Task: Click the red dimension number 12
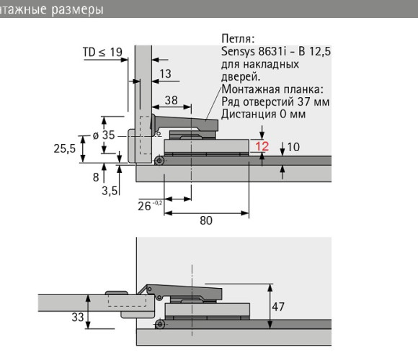(x=262, y=146)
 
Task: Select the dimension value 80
(x=206, y=220)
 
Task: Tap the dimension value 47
(x=278, y=307)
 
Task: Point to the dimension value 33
(x=78, y=317)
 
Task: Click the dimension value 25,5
(x=65, y=148)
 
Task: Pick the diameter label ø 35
(x=104, y=135)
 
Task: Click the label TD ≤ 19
(x=102, y=52)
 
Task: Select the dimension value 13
(x=165, y=73)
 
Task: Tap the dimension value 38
(x=171, y=100)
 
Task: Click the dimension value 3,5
(x=110, y=191)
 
